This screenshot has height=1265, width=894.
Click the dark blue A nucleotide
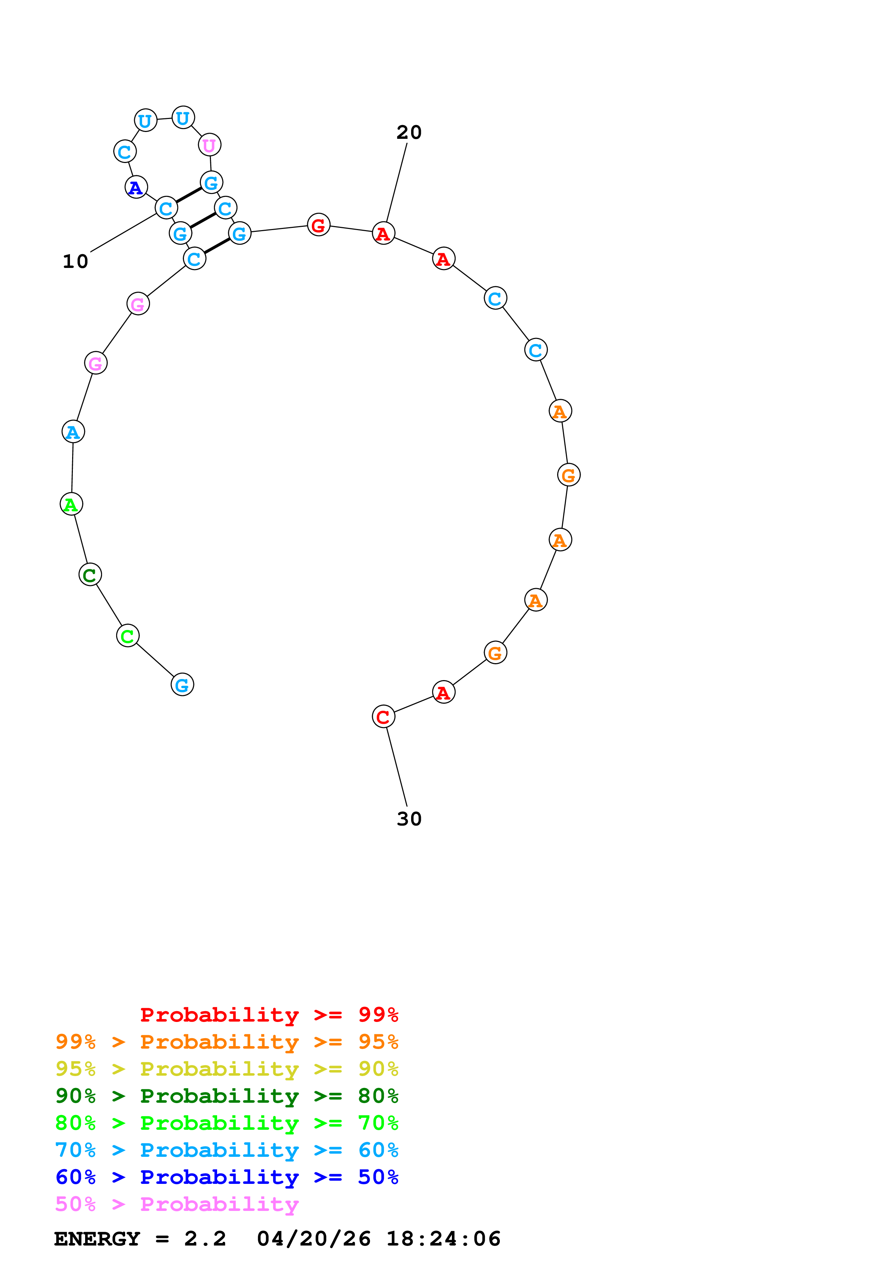(136, 187)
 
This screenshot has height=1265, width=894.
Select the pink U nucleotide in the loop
(209, 145)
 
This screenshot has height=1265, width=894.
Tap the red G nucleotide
(318, 225)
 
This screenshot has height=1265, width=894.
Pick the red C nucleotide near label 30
(383, 717)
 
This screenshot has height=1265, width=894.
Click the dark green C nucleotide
(90, 575)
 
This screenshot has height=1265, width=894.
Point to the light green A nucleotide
(71, 504)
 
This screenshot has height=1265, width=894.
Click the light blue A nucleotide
(73, 432)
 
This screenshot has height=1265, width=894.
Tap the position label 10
(75, 261)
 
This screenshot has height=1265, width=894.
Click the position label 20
(409, 132)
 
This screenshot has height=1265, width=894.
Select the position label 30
(409, 819)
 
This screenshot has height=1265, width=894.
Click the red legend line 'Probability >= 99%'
(269, 1015)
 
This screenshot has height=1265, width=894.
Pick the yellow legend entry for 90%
(226, 1069)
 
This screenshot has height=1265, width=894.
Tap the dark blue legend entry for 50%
(226, 1177)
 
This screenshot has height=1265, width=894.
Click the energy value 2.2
(205, 1239)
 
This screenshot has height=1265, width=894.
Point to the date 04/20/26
(313, 1239)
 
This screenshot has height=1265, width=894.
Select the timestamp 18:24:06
(444, 1239)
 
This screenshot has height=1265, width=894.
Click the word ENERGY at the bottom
(97, 1239)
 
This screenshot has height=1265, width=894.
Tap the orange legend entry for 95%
(226, 1042)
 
